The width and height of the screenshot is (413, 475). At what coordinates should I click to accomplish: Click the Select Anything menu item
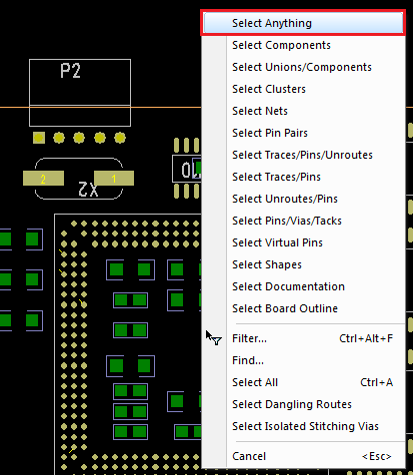point(303,23)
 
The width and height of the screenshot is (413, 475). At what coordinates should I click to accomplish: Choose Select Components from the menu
point(281,45)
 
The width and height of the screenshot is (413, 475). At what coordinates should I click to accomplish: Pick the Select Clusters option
point(269,89)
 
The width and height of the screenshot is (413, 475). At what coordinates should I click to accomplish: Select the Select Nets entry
point(260,111)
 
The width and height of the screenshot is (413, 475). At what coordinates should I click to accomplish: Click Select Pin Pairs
point(270,133)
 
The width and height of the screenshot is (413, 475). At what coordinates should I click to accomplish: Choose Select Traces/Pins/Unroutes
point(302,155)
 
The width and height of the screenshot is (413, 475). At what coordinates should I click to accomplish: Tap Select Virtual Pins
point(277,242)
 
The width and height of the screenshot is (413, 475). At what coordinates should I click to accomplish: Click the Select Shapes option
point(267,264)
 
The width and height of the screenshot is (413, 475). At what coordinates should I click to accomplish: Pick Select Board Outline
point(285,308)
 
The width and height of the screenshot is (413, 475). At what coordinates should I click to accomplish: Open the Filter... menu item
point(249,338)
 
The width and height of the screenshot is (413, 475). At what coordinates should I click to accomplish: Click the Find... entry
point(248,360)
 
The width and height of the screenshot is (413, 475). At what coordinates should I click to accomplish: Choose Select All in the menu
point(255,382)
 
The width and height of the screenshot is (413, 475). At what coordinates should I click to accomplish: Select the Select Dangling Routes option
point(292,404)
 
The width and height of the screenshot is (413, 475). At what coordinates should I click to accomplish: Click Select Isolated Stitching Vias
point(305,426)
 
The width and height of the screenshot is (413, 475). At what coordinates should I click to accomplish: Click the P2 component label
point(70,71)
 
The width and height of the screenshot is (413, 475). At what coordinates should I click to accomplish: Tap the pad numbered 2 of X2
point(43,179)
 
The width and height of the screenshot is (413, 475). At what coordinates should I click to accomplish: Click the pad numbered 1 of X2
point(114,179)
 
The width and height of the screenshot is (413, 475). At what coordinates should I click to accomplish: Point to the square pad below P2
point(39,138)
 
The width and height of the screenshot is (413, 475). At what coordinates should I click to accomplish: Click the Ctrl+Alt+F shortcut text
point(366,338)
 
